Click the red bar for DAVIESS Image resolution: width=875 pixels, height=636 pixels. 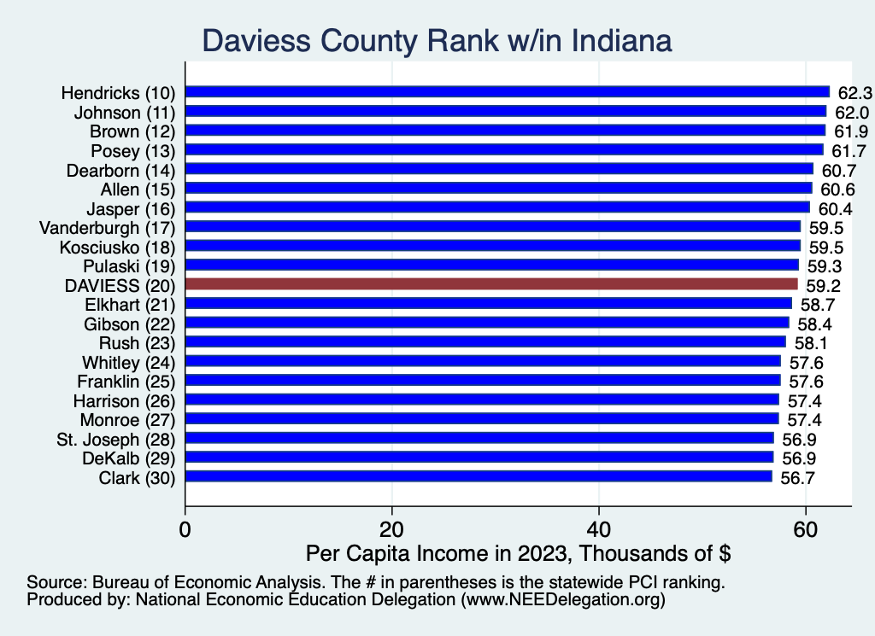point(491,284)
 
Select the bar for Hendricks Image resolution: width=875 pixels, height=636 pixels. point(507,92)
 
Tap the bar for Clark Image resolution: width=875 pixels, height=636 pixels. point(479,476)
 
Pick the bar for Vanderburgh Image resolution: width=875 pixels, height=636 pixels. point(492,227)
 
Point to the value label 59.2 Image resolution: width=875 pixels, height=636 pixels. point(822,284)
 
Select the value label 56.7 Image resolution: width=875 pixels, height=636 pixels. point(796,476)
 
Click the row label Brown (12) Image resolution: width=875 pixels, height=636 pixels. point(132,131)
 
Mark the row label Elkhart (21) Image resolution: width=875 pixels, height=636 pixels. point(130,304)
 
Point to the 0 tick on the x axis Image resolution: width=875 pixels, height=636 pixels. point(185,528)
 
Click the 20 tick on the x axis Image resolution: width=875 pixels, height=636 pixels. point(392,528)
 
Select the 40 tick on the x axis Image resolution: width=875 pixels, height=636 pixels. point(599,528)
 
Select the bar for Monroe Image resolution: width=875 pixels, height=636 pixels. point(482,419)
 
